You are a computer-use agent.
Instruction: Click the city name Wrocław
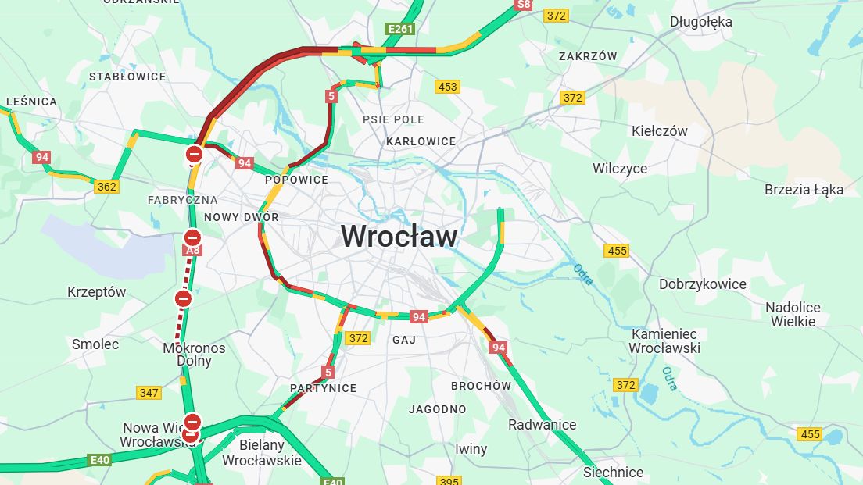coord(399,236)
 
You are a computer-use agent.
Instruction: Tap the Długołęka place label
coord(700,22)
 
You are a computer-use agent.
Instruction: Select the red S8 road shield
coord(523,5)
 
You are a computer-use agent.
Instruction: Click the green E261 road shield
coord(399,29)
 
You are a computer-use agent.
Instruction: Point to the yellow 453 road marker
coord(448,87)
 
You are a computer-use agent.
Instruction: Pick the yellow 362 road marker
coord(106,187)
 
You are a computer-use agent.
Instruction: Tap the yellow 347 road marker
coord(149,392)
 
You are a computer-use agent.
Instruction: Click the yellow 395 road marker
coord(449,480)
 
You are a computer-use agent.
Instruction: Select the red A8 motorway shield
coord(192,250)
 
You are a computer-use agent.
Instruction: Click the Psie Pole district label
coord(393,119)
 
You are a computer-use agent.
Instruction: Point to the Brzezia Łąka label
coord(804,189)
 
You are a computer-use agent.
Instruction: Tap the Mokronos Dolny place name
coord(194,355)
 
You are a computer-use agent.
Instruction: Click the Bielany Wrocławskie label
coord(261,452)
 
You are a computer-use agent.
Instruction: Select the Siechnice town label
coord(613,472)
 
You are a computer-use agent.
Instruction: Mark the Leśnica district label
coord(31,102)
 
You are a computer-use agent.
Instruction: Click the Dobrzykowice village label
coord(702,284)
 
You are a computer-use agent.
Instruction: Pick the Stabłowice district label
coord(127,77)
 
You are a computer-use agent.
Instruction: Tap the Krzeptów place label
coord(96,292)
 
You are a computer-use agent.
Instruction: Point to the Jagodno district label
coord(437,409)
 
